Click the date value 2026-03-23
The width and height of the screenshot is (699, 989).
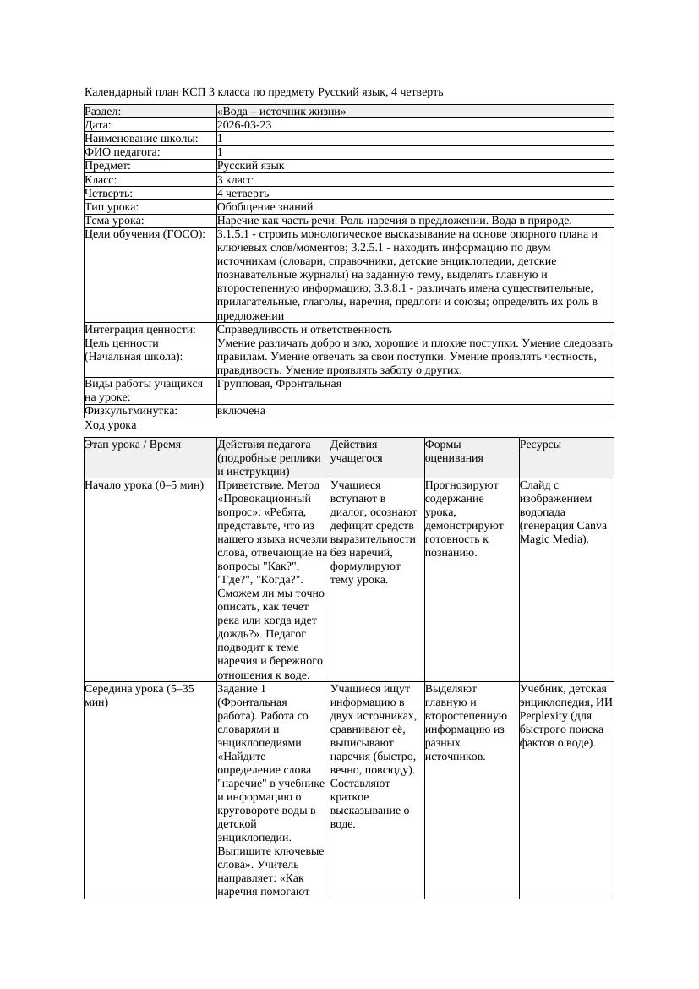coord(244,125)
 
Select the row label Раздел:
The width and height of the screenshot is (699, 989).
coord(103,112)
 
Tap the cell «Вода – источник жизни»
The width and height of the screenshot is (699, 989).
coord(281,112)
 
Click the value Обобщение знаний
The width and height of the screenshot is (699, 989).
coord(265,207)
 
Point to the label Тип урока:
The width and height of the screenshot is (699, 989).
coord(112,207)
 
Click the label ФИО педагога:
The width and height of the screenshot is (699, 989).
coord(123,152)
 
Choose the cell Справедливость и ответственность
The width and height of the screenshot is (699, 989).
coord(304,330)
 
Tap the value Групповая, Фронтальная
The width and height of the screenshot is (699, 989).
coord(279,384)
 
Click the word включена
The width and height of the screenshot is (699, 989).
coord(241,411)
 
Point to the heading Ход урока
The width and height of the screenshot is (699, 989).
coord(111,426)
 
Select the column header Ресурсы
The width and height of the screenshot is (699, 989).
coord(541,445)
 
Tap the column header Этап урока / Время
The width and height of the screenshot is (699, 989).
coord(133,445)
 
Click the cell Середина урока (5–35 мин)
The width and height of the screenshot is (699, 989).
coord(139,696)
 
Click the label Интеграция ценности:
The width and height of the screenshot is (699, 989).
coord(140,330)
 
